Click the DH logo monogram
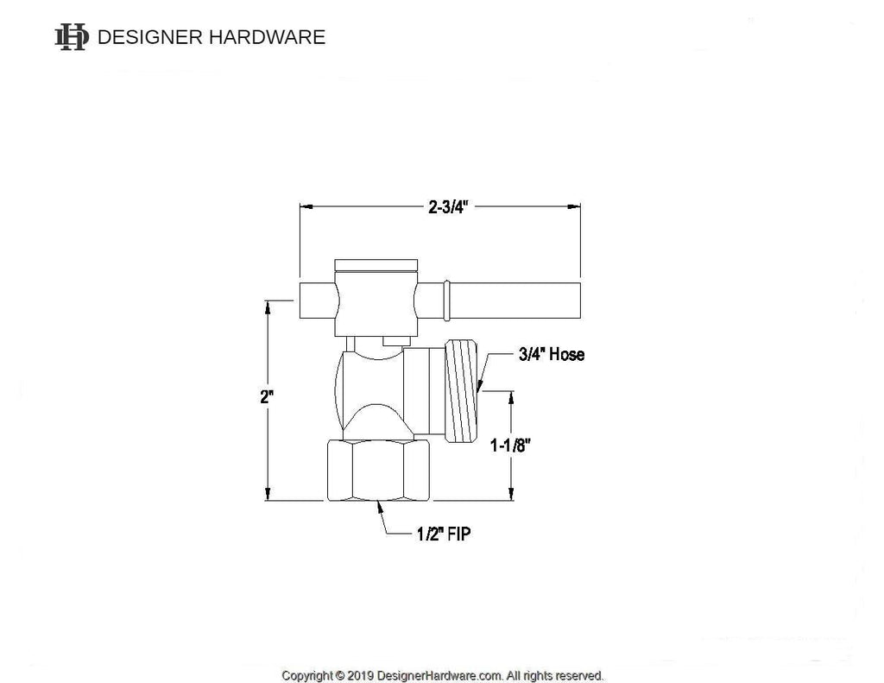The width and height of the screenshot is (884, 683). coord(72,37)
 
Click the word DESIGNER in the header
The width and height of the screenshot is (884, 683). coord(148,37)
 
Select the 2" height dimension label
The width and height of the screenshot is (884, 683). coord(268,398)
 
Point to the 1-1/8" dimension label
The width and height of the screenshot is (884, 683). coord(509,446)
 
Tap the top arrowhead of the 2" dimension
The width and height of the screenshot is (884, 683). coord(268,305)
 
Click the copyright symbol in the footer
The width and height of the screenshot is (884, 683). coord(340,675)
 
